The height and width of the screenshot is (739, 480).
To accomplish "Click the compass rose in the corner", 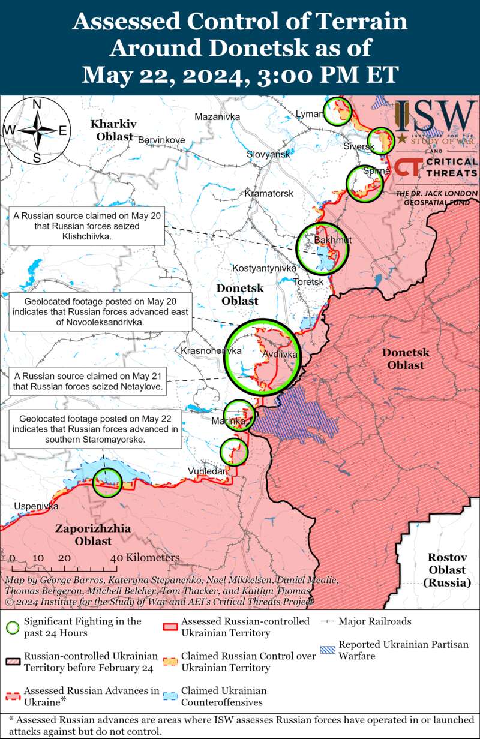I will pyautogui.click(x=37, y=130).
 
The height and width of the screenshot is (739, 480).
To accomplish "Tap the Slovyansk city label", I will pyautogui.click(x=268, y=155).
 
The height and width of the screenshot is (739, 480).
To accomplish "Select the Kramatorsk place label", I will pyautogui.click(x=269, y=194).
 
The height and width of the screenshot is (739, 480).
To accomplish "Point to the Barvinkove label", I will pyautogui.click(x=161, y=140).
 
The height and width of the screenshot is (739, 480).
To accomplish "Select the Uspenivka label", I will pyautogui.click(x=37, y=506).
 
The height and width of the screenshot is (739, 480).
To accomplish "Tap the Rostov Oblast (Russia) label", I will pyautogui.click(x=448, y=570).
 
